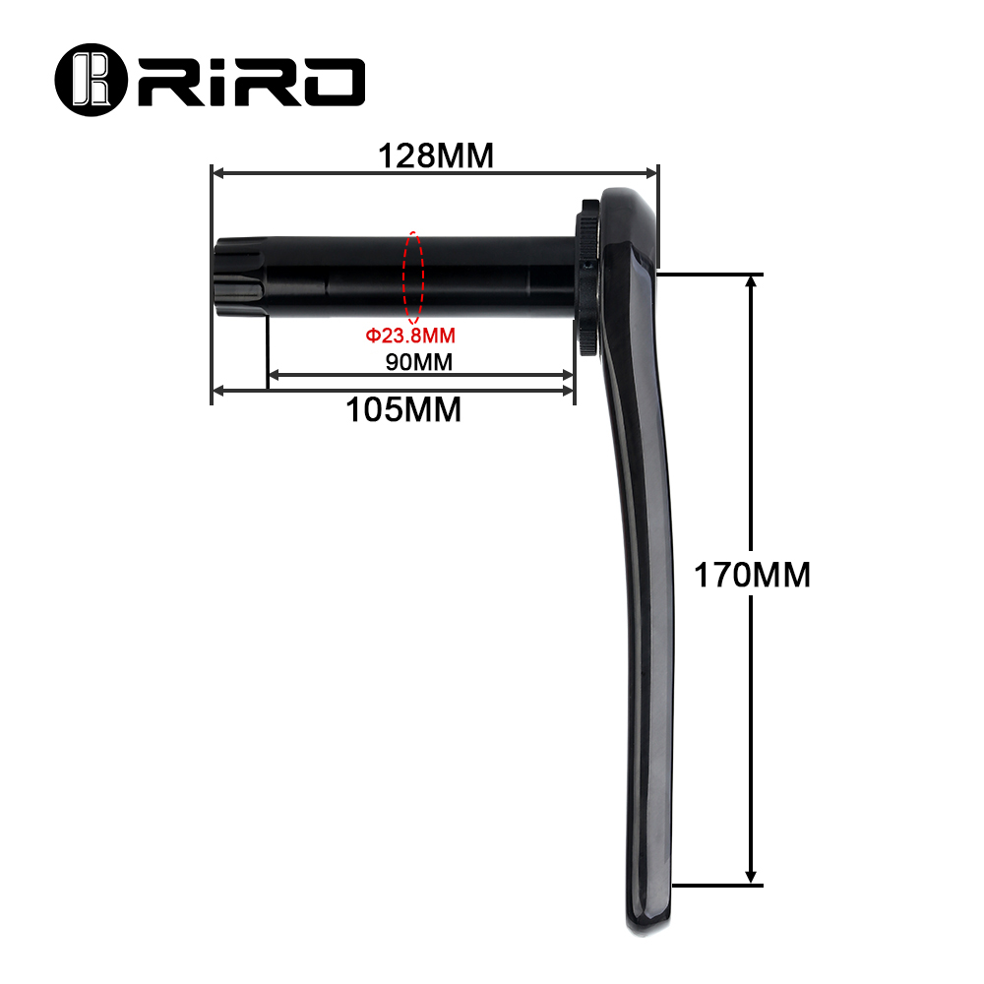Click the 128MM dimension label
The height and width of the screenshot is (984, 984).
pyautogui.click(x=436, y=154)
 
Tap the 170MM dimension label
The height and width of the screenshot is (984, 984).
pyautogui.click(x=753, y=574)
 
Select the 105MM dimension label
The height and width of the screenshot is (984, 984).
pyautogui.click(x=403, y=409)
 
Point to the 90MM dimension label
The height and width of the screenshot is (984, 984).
pyautogui.click(x=418, y=361)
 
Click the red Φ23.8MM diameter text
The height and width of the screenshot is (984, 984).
pyautogui.click(x=410, y=336)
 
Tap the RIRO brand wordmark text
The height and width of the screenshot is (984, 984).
pyautogui.click(x=246, y=79)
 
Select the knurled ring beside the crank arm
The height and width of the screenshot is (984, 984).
pyautogui.click(x=588, y=277)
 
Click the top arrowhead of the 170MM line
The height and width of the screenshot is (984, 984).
pyautogui.click(x=752, y=279)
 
